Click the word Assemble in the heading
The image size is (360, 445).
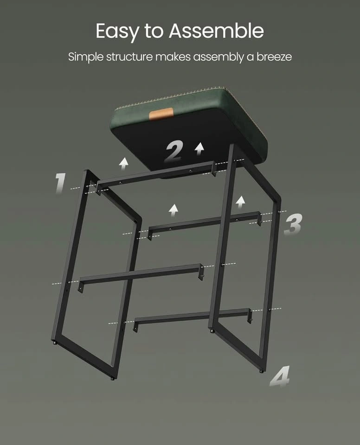(x=216, y=31)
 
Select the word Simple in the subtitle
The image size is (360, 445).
(x=86, y=57)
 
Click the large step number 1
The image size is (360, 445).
(x=60, y=184)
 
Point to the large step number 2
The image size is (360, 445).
(x=174, y=152)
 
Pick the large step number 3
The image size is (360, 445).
(x=293, y=225)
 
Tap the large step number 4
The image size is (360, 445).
(x=280, y=376)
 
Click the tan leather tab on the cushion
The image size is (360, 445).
(x=161, y=114)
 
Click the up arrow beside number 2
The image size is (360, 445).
(x=200, y=149)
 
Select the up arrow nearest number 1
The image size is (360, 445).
(x=123, y=164)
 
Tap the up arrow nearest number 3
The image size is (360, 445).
(x=241, y=202)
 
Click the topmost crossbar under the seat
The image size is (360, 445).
(x=156, y=176)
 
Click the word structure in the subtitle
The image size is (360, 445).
(x=129, y=57)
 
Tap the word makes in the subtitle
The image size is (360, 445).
(x=173, y=57)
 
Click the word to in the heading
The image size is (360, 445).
(x=154, y=31)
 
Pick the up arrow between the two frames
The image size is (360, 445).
(x=174, y=210)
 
